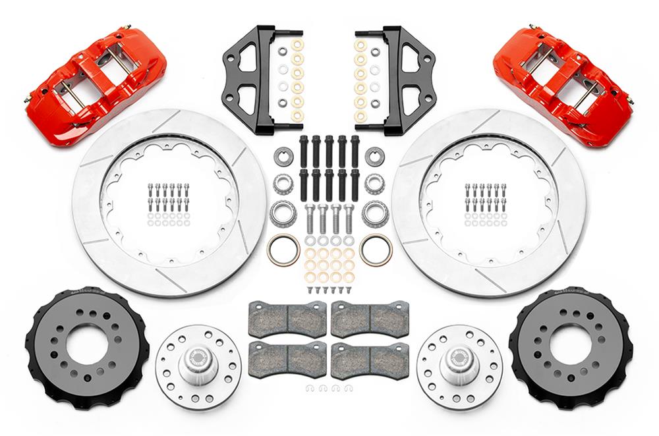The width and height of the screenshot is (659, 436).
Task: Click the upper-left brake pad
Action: coord(287,318)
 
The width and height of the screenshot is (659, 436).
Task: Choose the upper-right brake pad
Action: coord(370,318)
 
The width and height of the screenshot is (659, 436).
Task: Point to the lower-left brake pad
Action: coord(287,359)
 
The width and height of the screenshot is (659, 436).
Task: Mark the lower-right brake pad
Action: coord(370,359)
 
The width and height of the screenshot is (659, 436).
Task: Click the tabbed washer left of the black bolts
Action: coord(282,157)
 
